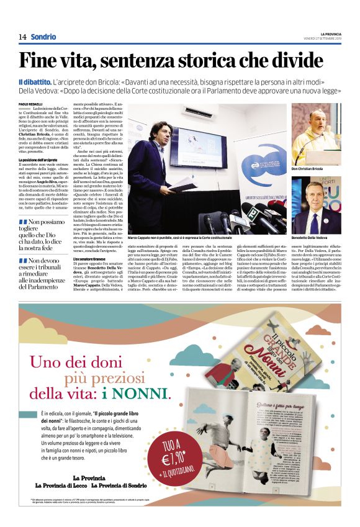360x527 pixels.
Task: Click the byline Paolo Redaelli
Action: pos(30,103)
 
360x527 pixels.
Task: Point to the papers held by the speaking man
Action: pos(183,184)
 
